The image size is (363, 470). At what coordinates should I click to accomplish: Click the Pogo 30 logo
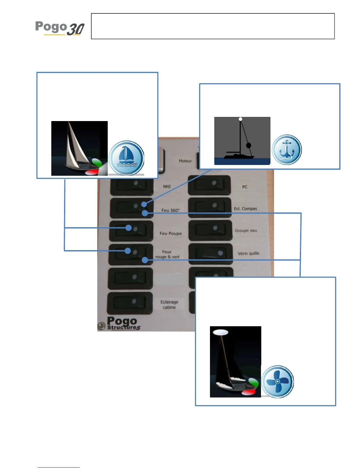pyautogui.click(x=60, y=28)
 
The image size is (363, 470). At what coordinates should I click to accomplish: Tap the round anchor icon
pyautogui.click(x=287, y=150)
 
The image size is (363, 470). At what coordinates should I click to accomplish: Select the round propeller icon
pyautogui.click(x=277, y=382)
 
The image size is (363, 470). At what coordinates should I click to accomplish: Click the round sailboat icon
pyautogui.click(x=127, y=158)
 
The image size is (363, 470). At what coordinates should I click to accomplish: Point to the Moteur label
pyautogui.click(x=185, y=161)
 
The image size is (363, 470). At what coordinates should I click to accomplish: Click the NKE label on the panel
pyautogui.click(x=167, y=186)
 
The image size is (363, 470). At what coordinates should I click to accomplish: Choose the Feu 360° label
pyautogui.click(x=170, y=210)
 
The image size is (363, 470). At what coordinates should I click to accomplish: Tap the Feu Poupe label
pyautogui.click(x=171, y=234)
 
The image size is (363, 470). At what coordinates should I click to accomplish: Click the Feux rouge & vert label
pyautogui.click(x=167, y=254)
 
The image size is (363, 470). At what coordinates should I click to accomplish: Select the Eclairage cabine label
pyautogui.click(x=169, y=305)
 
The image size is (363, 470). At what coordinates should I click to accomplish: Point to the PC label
pyautogui.click(x=245, y=187)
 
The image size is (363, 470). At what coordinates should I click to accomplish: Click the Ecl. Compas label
pyautogui.click(x=245, y=209)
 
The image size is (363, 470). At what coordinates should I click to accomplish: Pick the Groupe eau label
pyautogui.click(x=246, y=231)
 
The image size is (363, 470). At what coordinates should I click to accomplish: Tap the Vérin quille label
pyautogui.click(x=248, y=253)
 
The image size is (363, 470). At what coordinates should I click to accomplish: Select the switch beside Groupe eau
pyautogui.click(x=210, y=230)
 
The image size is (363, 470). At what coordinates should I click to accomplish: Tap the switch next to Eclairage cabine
pyautogui.click(x=130, y=303)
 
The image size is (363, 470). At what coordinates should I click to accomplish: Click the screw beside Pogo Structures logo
pyautogui.click(x=101, y=325)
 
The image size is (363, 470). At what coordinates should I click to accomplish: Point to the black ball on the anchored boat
pyautogui.click(x=249, y=145)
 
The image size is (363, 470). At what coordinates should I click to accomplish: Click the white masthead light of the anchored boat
pyautogui.click(x=241, y=119)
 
